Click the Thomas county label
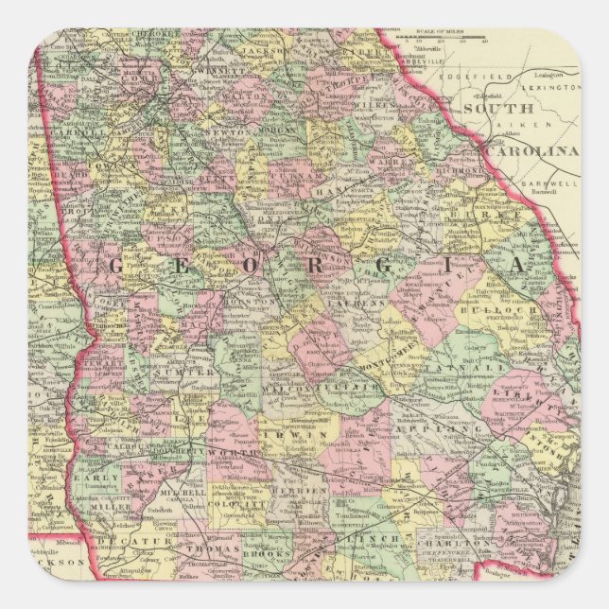(x=207, y=548)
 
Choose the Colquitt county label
(x=235, y=505)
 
